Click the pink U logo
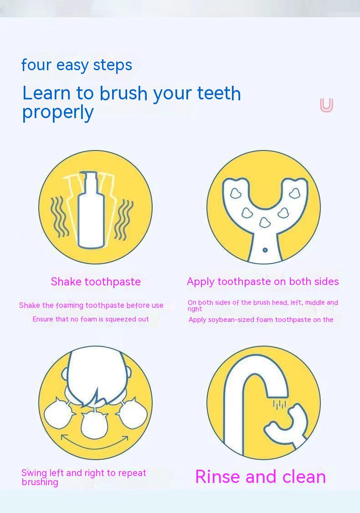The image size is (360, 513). [x=326, y=105]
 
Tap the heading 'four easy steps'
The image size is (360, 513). [x=77, y=65]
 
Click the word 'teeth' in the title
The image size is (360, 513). [x=219, y=93]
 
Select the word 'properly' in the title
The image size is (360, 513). [x=58, y=112]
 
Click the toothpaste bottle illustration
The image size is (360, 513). [x=92, y=214]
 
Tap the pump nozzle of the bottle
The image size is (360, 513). [x=90, y=176]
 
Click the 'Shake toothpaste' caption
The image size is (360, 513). [x=96, y=282]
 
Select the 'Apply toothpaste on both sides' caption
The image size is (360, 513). [x=262, y=282]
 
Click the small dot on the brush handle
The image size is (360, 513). [x=265, y=250]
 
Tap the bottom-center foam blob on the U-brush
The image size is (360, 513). [x=264, y=223]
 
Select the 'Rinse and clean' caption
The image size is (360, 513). [x=260, y=477]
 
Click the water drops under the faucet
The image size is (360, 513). [x=279, y=404]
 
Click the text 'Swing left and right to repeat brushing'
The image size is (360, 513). [x=84, y=477]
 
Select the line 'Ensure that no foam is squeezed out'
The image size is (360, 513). [x=91, y=319]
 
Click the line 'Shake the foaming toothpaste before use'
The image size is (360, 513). [x=91, y=306]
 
